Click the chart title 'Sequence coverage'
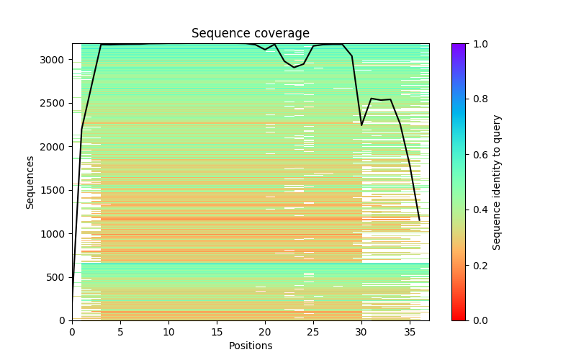(250, 33)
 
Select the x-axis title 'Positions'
(250, 346)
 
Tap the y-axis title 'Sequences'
(30, 182)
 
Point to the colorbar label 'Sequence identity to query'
(497, 182)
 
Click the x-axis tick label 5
(120, 332)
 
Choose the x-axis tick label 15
(217, 332)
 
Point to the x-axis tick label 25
(313, 332)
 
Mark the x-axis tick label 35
(410, 332)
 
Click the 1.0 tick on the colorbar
(466, 44)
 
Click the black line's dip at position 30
(361, 125)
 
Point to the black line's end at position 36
(420, 220)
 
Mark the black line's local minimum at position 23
(294, 68)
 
